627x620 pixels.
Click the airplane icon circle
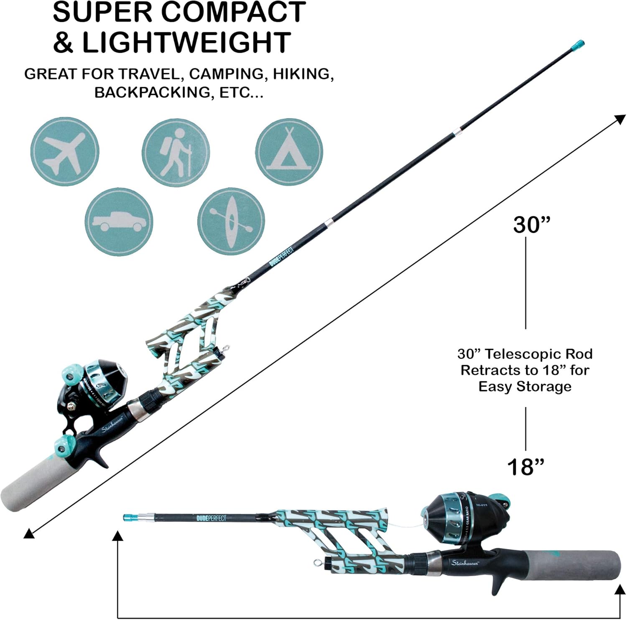(65, 151)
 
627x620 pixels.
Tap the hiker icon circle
(176, 152)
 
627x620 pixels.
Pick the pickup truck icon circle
(119, 222)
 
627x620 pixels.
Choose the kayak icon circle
(231, 221)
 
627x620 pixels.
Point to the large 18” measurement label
(526, 467)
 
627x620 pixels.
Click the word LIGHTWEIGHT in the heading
(186, 42)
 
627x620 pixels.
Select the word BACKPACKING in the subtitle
(153, 92)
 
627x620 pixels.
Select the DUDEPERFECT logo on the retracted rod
(211, 518)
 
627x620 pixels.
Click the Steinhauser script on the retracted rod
(465, 563)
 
